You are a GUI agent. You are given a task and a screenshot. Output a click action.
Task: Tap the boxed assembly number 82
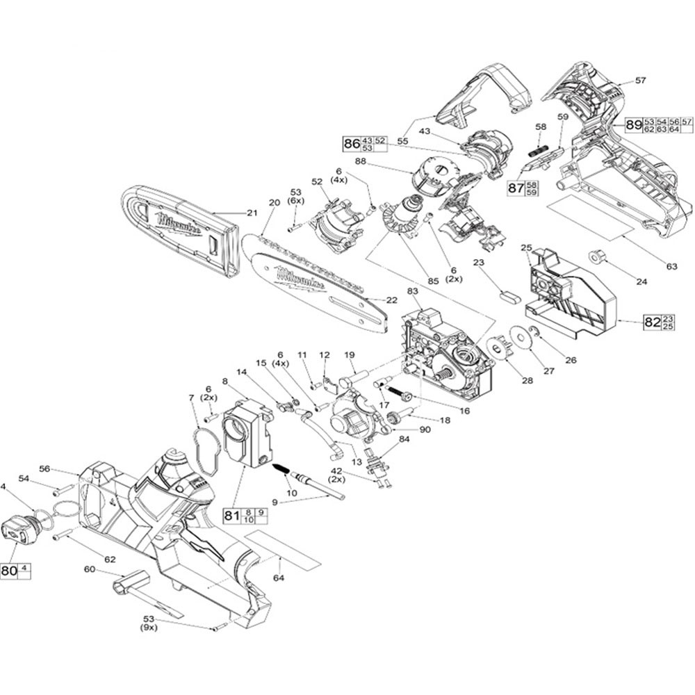pyautogui.click(x=651, y=321)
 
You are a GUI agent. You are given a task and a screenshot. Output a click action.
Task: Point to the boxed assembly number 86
pyautogui.click(x=352, y=144)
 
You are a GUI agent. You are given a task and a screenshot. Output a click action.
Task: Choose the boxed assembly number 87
pyautogui.click(x=515, y=188)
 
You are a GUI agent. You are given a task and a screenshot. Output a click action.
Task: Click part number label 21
pyautogui.click(x=252, y=213)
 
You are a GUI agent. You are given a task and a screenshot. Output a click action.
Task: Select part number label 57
pyautogui.click(x=641, y=81)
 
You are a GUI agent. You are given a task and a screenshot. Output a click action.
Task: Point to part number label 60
pyautogui.click(x=89, y=569)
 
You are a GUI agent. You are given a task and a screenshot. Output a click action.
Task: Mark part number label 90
pyautogui.click(x=425, y=430)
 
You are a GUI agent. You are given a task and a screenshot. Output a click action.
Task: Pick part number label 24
pyautogui.click(x=641, y=281)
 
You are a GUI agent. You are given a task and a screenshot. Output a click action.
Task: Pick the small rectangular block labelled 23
pyautogui.click(x=510, y=294)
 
